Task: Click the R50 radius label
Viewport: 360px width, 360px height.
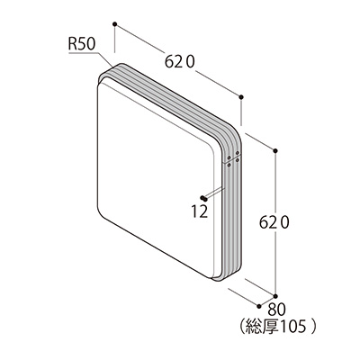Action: (82, 45)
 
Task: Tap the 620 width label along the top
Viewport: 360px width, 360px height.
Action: (180, 62)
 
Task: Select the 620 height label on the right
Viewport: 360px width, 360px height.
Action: (274, 223)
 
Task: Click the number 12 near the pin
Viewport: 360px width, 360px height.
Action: (200, 211)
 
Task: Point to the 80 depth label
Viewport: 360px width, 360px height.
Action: (276, 309)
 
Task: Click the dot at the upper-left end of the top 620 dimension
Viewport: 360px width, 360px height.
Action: (114, 23)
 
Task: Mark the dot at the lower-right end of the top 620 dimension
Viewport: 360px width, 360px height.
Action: (241, 96)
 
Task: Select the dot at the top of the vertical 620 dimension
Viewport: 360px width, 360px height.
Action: (275, 150)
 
